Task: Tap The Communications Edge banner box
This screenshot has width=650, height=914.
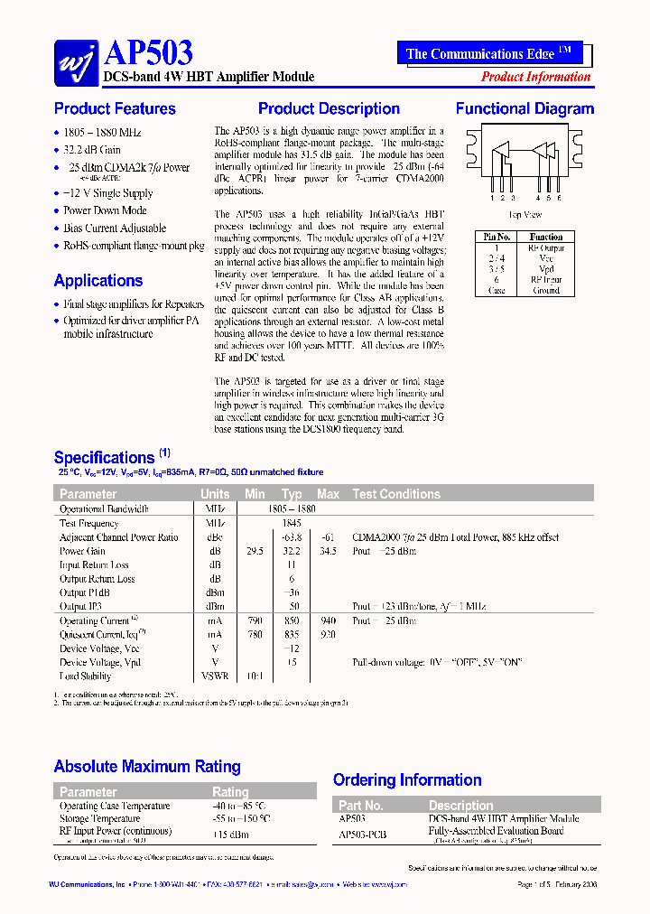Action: [488, 53]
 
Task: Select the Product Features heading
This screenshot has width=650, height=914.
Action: [115, 108]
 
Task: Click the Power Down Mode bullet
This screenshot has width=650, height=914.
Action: [105, 210]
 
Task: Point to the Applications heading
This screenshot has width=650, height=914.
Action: [98, 280]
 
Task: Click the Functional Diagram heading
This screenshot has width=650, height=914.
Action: [525, 108]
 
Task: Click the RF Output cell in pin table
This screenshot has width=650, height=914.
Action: [546, 247]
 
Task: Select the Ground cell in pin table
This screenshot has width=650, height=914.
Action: [546, 290]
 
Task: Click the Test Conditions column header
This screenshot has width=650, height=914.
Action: [396, 494]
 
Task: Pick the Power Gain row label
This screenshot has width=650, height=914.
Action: [82, 551]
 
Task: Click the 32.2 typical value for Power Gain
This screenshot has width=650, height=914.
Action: [291, 551]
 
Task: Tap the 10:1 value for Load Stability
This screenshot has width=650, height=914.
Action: [255, 676]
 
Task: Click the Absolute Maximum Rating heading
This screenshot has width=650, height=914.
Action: [147, 767]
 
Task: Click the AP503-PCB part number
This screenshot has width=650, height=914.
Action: [362, 835]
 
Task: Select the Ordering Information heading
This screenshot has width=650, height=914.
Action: [407, 779]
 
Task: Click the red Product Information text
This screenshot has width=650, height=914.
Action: [535, 77]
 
